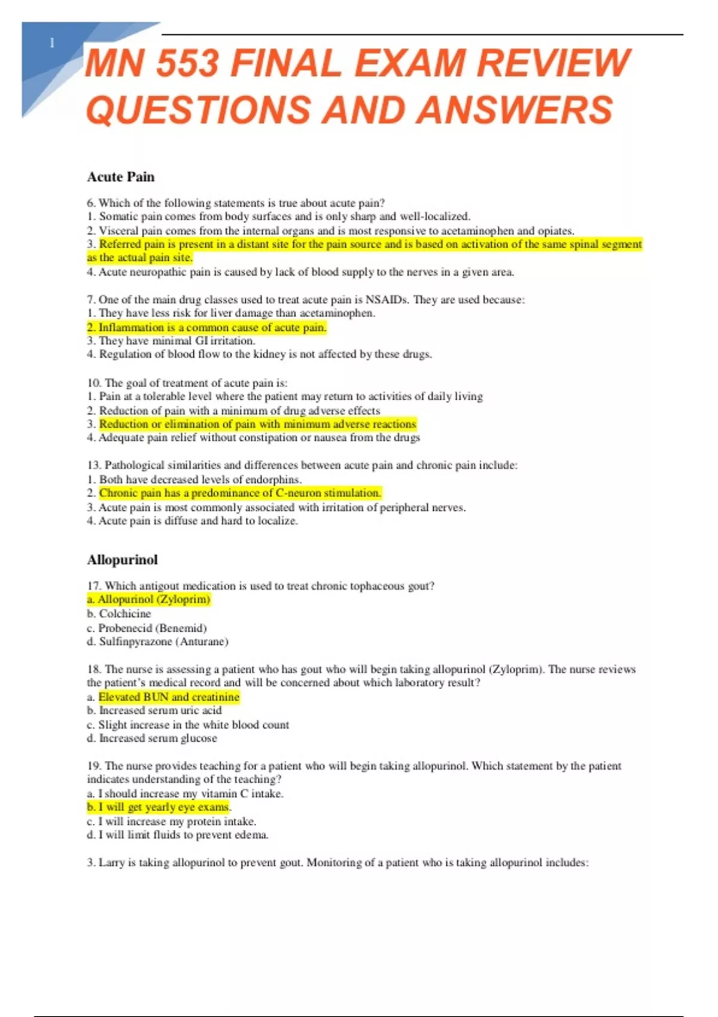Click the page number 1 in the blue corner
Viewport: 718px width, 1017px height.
pyautogui.click(x=52, y=43)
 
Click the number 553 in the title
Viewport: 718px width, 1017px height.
pyautogui.click(x=187, y=63)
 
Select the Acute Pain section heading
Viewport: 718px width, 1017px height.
pyautogui.click(x=121, y=177)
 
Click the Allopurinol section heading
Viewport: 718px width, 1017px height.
pyautogui.click(x=123, y=560)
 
